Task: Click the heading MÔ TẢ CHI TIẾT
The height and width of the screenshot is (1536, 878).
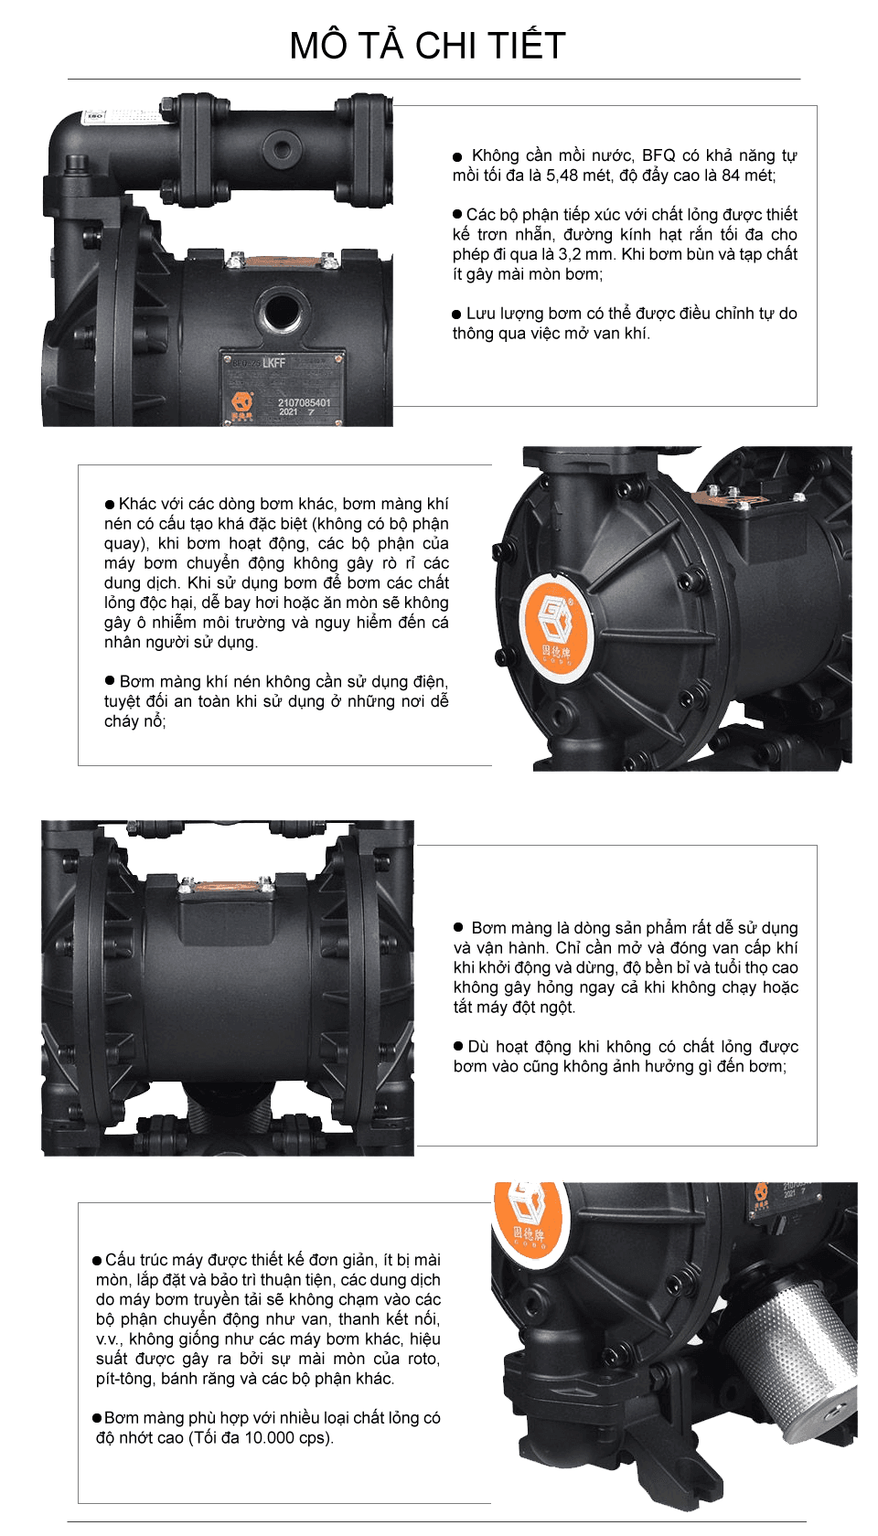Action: (427, 46)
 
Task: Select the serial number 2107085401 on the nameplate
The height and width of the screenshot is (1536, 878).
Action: (304, 402)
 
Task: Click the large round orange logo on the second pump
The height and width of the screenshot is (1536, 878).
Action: (557, 625)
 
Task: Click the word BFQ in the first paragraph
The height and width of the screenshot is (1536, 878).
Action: (658, 155)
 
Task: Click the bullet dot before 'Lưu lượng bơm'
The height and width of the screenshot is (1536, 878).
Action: (456, 315)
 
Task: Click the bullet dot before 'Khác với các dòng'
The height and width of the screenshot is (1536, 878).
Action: (110, 505)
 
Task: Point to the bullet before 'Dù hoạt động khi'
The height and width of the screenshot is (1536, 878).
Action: (459, 1046)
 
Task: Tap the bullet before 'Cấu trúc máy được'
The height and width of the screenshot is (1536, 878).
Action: (97, 1261)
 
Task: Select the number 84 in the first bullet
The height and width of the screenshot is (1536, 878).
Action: (731, 176)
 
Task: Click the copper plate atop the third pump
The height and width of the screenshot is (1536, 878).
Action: (226, 885)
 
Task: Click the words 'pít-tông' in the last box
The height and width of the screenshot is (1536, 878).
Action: (124, 1379)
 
